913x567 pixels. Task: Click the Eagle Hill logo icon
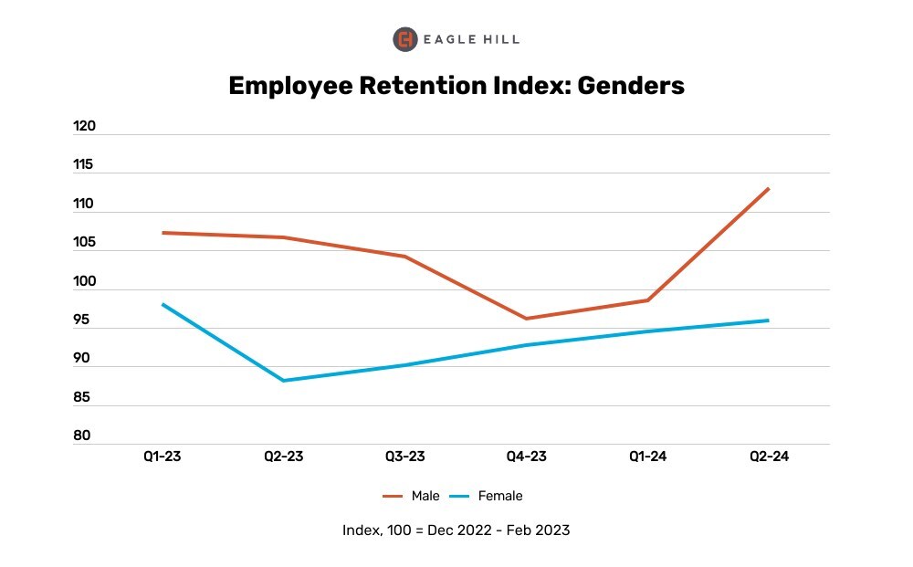click(404, 39)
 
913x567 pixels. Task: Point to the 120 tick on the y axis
click(84, 127)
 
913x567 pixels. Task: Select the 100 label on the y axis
click(84, 281)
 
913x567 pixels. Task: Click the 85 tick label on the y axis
click(83, 397)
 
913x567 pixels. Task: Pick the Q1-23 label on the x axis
click(162, 457)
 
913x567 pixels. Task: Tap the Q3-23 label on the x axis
click(404, 457)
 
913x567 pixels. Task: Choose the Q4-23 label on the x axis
click(526, 457)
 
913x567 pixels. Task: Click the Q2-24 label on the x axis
click(769, 457)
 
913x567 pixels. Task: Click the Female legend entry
click(488, 496)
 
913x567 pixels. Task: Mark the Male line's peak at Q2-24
click(769, 189)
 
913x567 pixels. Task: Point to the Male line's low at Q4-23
click(526, 319)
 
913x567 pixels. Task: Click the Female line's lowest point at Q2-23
click(283, 381)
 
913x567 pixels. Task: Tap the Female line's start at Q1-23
click(162, 304)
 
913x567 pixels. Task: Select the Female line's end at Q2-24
click(769, 320)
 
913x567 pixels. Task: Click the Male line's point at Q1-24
click(647, 300)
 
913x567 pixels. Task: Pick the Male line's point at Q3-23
click(404, 257)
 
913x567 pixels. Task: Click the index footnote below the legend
click(456, 530)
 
